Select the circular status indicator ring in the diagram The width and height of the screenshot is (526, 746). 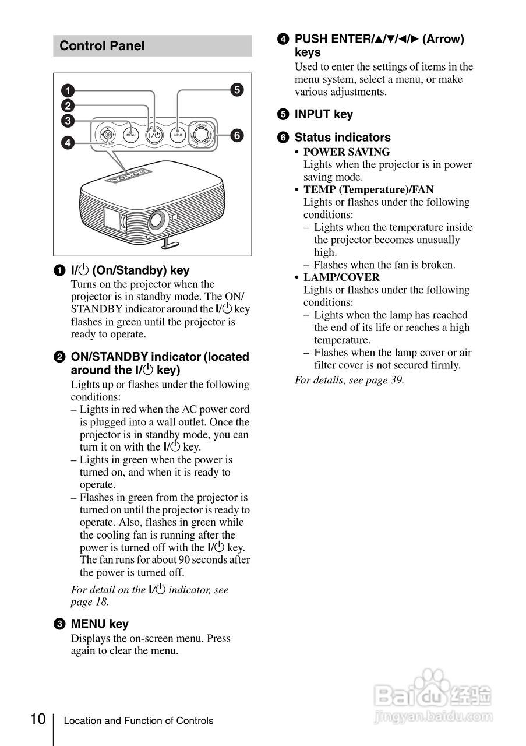click(x=202, y=135)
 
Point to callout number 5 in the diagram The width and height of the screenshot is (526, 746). click(x=236, y=90)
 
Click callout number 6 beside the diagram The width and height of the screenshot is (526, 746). click(x=236, y=135)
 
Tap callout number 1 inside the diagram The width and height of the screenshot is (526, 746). click(x=68, y=90)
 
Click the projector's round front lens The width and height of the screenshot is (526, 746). click(x=156, y=221)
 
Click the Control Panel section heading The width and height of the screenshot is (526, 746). click(x=102, y=46)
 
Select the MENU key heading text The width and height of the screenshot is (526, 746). click(x=100, y=624)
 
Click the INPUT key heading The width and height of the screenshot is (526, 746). click(x=323, y=114)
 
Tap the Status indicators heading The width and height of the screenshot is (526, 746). click(x=343, y=138)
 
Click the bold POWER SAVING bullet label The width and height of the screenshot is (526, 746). click(x=347, y=152)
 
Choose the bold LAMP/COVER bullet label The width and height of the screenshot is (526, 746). click(x=341, y=277)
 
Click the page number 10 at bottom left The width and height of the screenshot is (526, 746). click(x=38, y=719)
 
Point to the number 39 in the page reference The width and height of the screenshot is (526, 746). click(x=397, y=380)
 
